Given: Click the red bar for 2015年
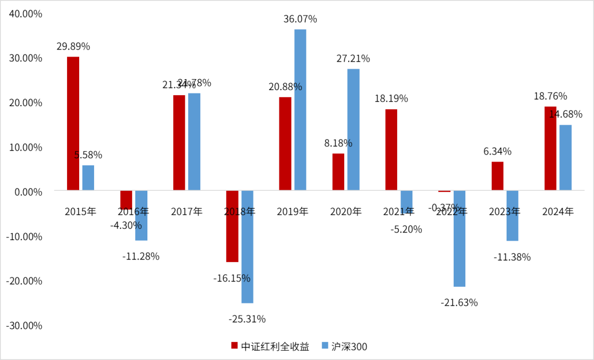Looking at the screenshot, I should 73,124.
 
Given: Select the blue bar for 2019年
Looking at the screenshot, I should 300,110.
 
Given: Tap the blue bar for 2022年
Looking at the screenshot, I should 459,239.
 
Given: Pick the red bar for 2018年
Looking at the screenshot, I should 232,226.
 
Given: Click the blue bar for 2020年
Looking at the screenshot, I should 353,130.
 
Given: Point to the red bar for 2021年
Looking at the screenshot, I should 391,150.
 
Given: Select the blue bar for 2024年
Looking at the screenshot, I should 565,158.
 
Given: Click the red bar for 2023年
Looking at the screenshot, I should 497,176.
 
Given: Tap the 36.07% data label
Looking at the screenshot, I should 300,19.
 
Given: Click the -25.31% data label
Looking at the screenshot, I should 247,319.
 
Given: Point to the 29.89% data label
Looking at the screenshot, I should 73,47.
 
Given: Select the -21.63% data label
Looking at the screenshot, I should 459,302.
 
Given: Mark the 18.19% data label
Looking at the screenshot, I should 391,99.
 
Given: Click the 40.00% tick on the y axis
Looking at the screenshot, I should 24,14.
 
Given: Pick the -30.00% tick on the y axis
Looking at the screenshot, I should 24,325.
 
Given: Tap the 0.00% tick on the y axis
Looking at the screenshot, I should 27,192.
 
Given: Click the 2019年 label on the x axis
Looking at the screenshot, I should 293,212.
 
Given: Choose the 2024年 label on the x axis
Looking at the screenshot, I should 558,212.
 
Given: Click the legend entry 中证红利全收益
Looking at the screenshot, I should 270,346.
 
